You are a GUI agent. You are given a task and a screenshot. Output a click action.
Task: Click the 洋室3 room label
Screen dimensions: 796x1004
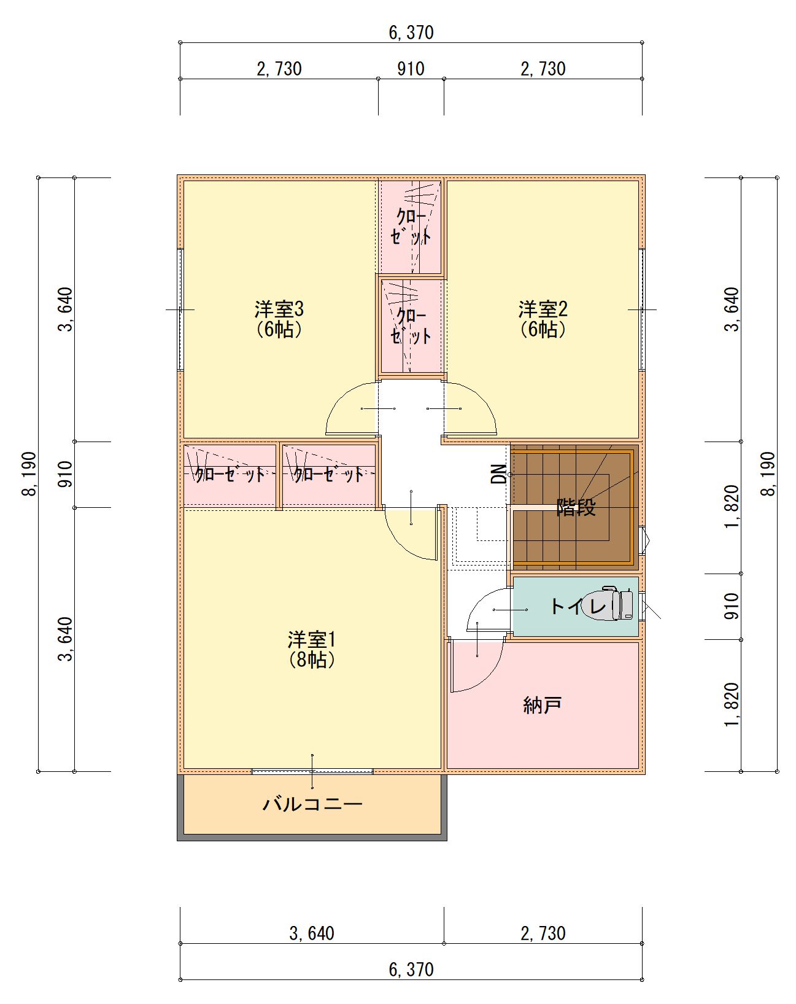coord(279,309)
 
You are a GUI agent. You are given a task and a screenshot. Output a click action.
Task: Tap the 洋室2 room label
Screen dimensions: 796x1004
coord(543,309)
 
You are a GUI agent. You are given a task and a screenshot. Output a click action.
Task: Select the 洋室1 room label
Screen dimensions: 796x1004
coord(312,640)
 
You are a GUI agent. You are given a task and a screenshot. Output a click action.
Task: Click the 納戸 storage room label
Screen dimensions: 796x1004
coord(542,705)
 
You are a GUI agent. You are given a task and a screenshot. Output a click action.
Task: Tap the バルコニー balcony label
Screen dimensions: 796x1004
coord(312,804)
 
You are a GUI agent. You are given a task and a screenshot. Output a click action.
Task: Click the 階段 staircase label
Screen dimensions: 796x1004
coord(576,507)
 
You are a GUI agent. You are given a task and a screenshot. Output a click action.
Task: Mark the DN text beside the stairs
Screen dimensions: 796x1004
coord(498,474)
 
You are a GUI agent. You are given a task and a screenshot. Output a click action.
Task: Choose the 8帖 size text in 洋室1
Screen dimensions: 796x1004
coord(312,660)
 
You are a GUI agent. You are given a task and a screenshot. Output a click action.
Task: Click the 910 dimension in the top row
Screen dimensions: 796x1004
coord(411,69)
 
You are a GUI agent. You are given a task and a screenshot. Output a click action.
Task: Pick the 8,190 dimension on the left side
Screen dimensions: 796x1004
coord(29,474)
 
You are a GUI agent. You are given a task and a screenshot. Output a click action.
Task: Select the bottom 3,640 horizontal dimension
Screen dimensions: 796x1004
coord(312,933)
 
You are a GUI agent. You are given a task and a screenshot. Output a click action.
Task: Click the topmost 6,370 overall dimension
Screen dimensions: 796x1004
coord(411,33)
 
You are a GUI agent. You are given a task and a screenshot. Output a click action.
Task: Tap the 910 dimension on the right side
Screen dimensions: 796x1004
coord(732,606)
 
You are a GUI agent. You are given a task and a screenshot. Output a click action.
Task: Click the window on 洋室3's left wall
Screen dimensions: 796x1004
coord(180,309)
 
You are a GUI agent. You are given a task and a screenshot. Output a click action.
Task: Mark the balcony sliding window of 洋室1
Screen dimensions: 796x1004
coord(312,771)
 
